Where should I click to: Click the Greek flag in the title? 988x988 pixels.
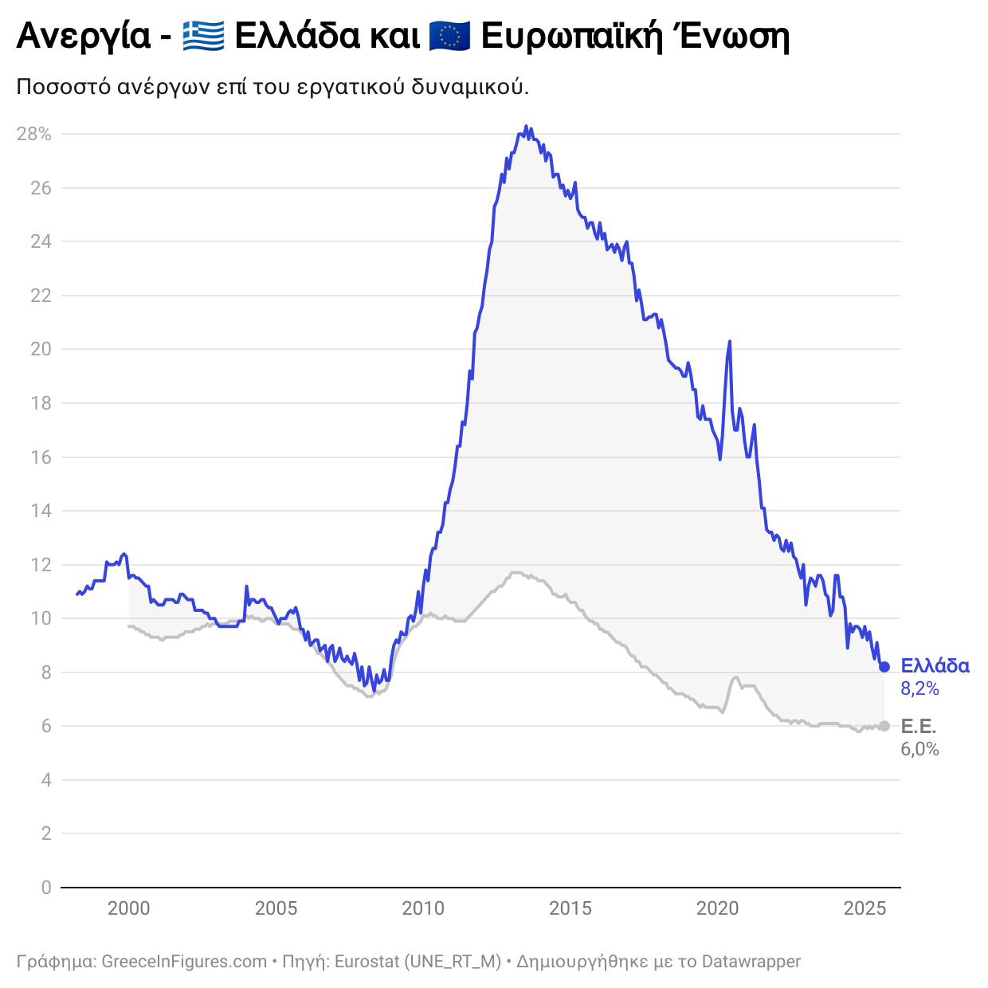coord(203,36)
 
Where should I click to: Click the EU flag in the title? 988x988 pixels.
coord(449,36)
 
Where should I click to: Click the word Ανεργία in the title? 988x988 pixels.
coord(84,37)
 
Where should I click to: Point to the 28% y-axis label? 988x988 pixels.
coord(34,134)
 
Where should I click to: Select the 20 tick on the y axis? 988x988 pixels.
coord(41,349)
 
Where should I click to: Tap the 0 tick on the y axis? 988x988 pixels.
coord(46,887)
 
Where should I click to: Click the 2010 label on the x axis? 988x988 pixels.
coord(423,908)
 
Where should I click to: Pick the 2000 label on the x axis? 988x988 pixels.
coord(128,908)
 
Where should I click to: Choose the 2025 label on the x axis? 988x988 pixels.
coord(865,908)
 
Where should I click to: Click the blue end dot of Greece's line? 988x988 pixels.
coord(884,667)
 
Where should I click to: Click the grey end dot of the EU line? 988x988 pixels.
coord(884,726)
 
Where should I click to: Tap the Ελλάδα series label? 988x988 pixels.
coord(935,666)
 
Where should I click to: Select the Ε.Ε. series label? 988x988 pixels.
coord(918,726)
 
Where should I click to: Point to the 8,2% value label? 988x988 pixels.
coord(919,688)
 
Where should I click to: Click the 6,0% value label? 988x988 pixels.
coord(919,749)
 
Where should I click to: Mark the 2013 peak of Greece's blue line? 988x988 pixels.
coord(526,126)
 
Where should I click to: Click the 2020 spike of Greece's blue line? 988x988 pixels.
coord(729,342)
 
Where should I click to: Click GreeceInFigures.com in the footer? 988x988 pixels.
coord(184,962)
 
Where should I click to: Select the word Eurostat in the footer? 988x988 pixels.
coord(367,962)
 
